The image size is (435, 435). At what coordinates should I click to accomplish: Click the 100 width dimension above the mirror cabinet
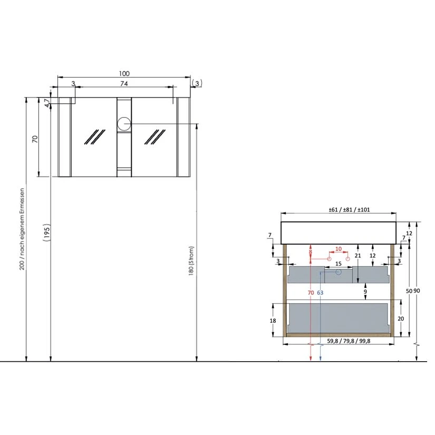(124, 73)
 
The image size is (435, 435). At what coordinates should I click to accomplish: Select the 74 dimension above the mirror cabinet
(124, 83)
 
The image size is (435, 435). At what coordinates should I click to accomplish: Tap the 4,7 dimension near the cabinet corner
(47, 103)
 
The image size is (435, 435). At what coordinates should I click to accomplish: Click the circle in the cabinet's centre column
(124, 124)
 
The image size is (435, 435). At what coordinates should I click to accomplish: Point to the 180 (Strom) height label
(191, 261)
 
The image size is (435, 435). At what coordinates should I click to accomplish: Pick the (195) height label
(46, 233)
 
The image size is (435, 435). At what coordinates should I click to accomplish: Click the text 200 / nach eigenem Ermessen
(22, 229)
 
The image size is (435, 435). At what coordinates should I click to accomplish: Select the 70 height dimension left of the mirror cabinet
(35, 139)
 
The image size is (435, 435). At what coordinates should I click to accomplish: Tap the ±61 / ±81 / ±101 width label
(349, 210)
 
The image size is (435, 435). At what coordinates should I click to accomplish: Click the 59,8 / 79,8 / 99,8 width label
(349, 341)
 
